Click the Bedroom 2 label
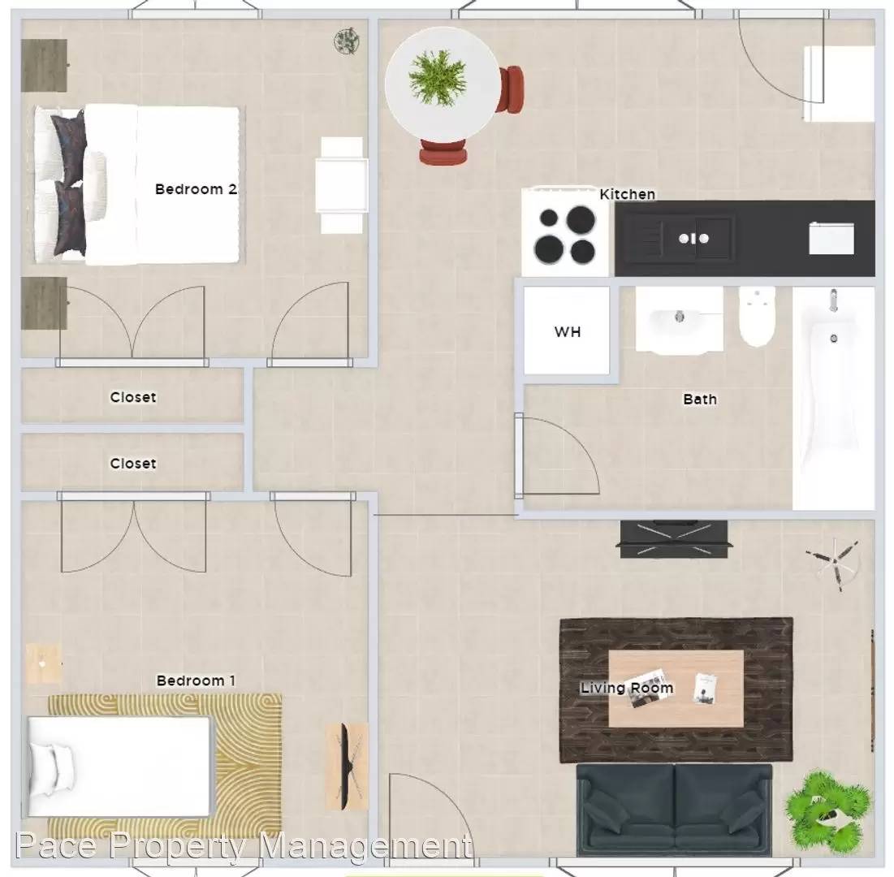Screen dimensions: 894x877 (x=197, y=189)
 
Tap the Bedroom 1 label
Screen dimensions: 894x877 (x=196, y=680)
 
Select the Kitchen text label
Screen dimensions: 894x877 (x=627, y=194)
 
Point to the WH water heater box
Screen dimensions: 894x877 (x=567, y=330)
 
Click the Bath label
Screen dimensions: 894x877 (x=700, y=400)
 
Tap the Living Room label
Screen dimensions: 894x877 (x=627, y=688)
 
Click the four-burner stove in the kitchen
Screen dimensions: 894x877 (x=565, y=233)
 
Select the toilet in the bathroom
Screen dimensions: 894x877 (x=757, y=317)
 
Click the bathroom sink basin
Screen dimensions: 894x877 (x=679, y=320)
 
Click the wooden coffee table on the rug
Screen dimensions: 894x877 (x=676, y=689)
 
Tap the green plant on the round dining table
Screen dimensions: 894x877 (x=438, y=77)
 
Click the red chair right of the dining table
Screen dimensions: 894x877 (x=510, y=89)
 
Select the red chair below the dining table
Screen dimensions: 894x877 (x=443, y=152)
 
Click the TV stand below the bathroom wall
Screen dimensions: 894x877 (x=674, y=539)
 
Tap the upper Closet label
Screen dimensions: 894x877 (x=133, y=397)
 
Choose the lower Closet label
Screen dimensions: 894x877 (x=133, y=464)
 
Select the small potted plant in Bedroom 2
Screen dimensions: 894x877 (x=346, y=41)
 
